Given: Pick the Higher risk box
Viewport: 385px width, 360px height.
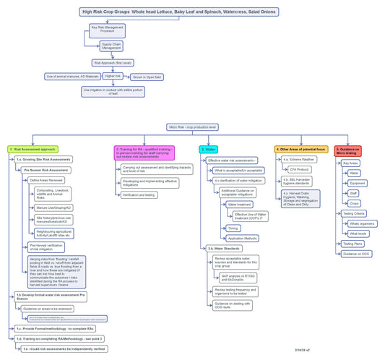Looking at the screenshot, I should pyautogui.click(x=113, y=75).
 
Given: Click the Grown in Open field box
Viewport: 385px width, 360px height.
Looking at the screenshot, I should pyautogui.click(x=146, y=77).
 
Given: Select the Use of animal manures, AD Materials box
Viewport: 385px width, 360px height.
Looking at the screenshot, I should pyautogui.click(x=72, y=76).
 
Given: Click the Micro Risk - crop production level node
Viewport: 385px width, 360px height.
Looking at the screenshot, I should pyautogui.click(x=193, y=127).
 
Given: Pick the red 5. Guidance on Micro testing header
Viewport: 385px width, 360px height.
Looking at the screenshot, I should pyautogui.click(x=347, y=150).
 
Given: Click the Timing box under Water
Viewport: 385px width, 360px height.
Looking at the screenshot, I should pyautogui.click(x=233, y=228).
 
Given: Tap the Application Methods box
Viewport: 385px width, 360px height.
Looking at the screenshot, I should pyautogui.click(x=242, y=238).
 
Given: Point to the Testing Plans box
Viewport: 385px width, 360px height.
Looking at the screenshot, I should pyautogui.click(x=353, y=244).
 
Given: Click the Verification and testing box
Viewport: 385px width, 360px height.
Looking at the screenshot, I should pyautogui.click(x=139, y=195).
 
